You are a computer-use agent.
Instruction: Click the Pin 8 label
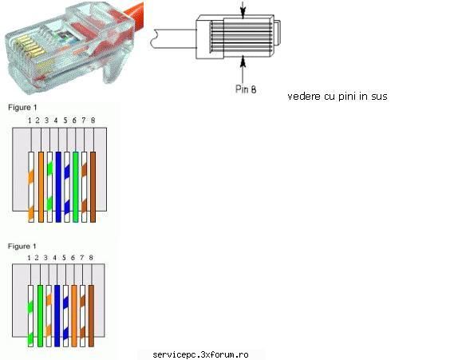click(246, 89)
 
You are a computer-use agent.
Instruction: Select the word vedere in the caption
click(304, 96)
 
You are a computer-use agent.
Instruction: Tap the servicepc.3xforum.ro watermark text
click(200, 355)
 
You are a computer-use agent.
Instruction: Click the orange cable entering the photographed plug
click(134, 13)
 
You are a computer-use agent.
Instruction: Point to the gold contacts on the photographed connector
click(30, 46)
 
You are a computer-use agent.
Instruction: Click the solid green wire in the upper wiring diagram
click(76, 187)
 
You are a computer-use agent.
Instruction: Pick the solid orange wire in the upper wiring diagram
click(41, 187)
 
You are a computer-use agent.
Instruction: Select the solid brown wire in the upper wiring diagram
click(93, 187)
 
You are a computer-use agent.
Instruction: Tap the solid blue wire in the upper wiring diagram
click(58, 187)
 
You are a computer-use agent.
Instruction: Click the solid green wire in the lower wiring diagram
click(40, 316)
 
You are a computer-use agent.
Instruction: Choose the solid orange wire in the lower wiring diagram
click(74, 316)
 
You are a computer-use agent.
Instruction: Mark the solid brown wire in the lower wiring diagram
click(91, 316)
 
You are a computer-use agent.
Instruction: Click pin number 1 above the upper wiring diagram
click(30, 121)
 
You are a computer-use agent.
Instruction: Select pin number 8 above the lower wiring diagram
click(91, 258)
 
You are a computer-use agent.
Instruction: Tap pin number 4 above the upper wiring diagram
click(56, 121)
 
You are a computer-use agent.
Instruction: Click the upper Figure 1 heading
click(22, 108)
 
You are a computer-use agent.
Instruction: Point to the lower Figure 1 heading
click(22, 247)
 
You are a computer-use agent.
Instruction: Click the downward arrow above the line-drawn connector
click(243, 10)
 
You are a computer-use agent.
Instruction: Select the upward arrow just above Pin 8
click(243, 69)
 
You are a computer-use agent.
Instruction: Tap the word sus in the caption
click(379, 97)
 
